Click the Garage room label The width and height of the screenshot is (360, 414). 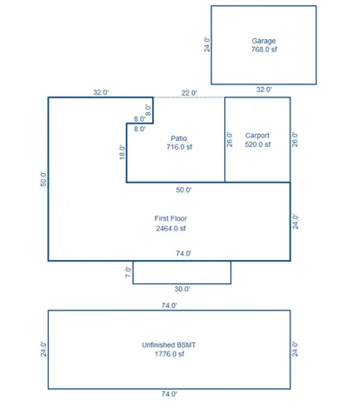point(263,41)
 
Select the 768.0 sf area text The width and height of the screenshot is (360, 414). point(263,50)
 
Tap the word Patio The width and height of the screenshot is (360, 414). point(179,138)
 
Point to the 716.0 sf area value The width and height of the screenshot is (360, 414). point(179,147)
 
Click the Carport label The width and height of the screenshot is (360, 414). point(257,136)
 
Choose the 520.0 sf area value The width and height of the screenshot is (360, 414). point(257,144)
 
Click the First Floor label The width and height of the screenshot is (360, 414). point(170,218)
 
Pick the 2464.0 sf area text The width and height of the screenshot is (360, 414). point(170,229)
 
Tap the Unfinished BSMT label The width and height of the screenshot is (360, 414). point(169,345)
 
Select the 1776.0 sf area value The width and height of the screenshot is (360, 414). point(170,354)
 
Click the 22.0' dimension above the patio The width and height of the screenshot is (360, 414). point(189,93)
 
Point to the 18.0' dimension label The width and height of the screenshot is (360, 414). point(123,152)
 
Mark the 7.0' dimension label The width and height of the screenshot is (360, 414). point(128,272)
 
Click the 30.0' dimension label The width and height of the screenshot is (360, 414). point(182,289)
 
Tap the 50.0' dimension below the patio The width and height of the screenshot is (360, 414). point(183,190)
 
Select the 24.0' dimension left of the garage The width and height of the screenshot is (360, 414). point(207,44)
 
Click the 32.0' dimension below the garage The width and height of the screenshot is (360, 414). point(263,90)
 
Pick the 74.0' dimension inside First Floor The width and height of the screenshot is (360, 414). point(183,253)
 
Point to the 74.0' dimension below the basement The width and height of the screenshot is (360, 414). point(170,394)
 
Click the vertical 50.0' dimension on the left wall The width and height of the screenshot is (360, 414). point(43,179)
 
